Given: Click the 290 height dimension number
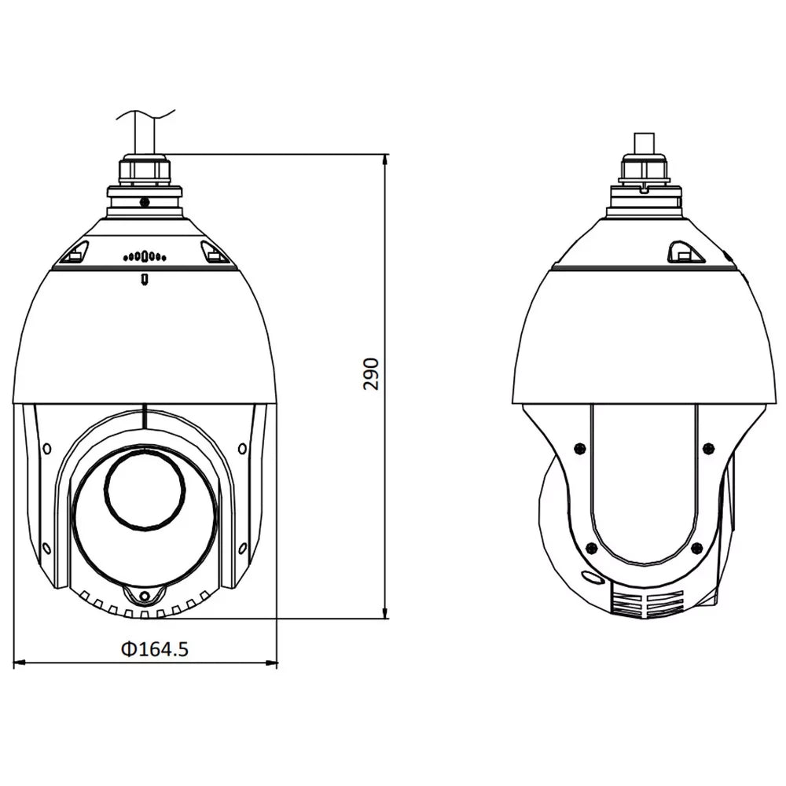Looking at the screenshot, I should (x=372, y=374).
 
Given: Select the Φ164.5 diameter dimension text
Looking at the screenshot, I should (x=153, y=649).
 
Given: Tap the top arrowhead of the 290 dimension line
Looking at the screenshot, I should (x=384, y=158).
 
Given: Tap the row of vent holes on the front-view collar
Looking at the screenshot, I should (x=145, y=255).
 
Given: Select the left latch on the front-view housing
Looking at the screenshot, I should (x=75, y=253).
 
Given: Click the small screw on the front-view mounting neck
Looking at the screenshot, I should (x=145, y=201).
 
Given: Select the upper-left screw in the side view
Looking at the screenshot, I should (x=579, y=448).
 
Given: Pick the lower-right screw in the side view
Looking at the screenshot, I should (x=695, y=548).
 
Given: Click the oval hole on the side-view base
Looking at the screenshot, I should (x=590, y=578).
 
